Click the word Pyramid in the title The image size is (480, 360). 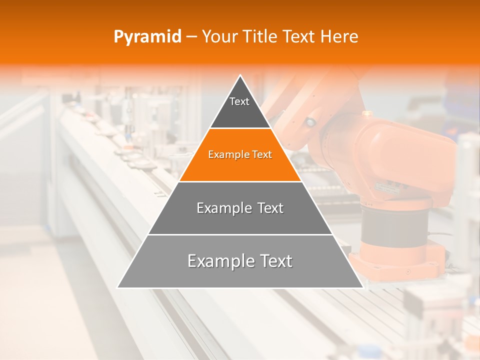(x=147, y=37)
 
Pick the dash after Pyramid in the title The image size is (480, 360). (x=191, y=37)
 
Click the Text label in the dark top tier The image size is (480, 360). (x=239, y=101)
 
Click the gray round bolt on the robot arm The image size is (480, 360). (x=311, y=121)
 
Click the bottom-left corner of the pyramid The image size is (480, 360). (x=117, y=287)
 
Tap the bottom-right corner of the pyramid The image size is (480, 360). (x=363, y=287)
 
